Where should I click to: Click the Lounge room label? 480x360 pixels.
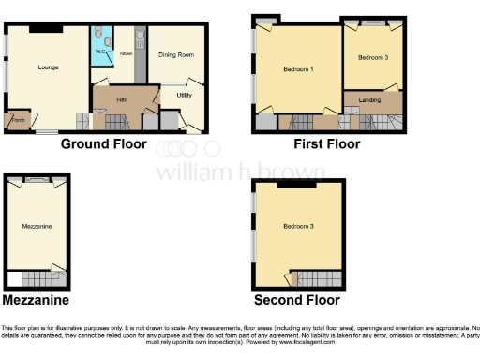point(49,67)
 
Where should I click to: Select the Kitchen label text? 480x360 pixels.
point(126,54)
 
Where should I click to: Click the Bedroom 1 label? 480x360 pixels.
point(298,70)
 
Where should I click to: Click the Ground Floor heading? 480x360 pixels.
point(103,144)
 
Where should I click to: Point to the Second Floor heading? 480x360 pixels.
point(297,300)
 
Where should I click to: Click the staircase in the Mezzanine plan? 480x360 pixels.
point(42,277)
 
